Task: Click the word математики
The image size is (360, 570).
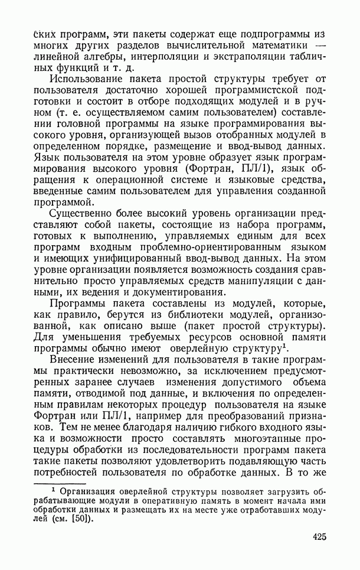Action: (x=272, y=45)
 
